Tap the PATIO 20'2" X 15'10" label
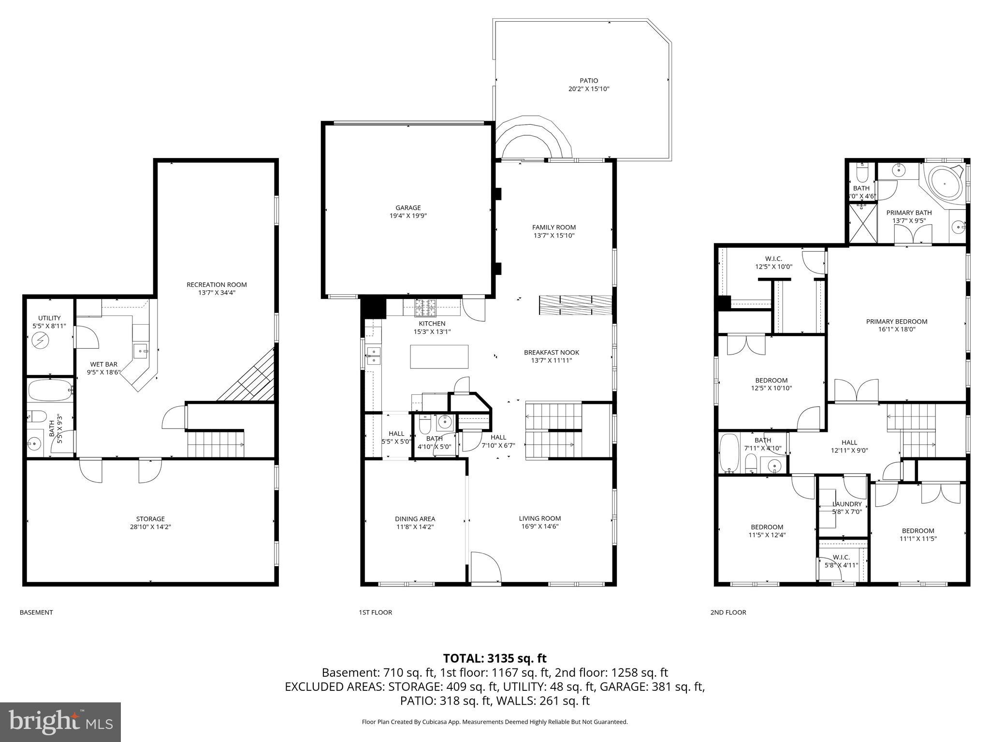pos(589,85)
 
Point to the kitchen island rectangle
pos(439,357)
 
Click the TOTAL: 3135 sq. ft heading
pos(495,658)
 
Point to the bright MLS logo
pos(60,722)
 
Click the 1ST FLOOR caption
pos(375,612)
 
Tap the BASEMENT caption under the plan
pos(36,612)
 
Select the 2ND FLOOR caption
pos(728,612)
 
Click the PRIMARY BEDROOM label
pos(896,325)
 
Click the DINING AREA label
pos(415,523)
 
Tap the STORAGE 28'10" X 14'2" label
pos(150,523)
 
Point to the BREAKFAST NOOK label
pos(551,356)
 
